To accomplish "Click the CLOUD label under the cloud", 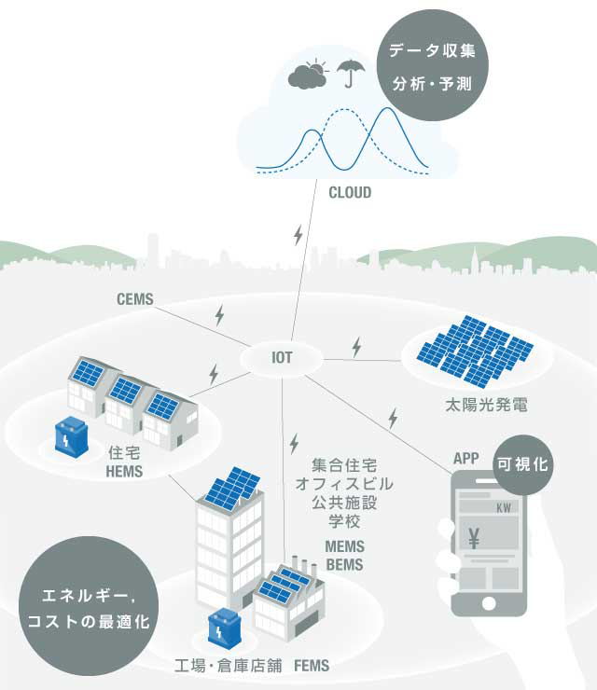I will tap(350, 193).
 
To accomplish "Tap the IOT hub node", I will tap(282, 358).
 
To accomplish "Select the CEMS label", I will tap(135, 300).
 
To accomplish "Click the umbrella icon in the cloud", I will tap(351, 72).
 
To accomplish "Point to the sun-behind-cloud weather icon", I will tap(310, 75).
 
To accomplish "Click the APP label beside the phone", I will tap(465, 459).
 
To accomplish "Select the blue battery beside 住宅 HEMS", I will tap(71, 435).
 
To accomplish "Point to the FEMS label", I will tap(311, 667).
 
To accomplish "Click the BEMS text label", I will tap(343, 564).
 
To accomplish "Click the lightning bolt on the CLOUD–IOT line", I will tap(298, 235).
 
